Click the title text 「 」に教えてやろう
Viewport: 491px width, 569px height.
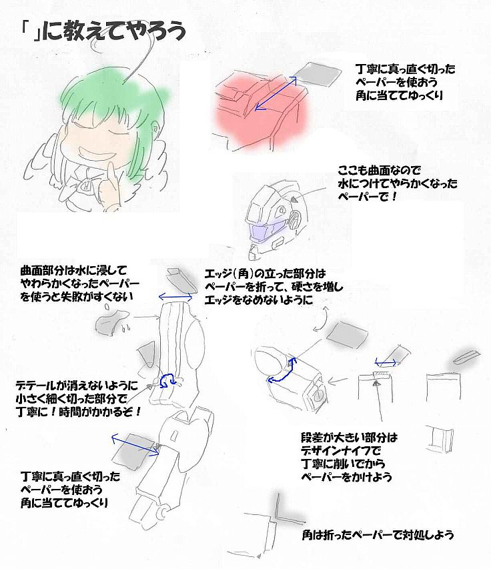103,31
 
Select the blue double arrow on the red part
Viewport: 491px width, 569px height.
276,93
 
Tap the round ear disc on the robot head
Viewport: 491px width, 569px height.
296,217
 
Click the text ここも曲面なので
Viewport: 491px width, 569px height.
379,170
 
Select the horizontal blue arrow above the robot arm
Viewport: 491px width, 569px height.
175,298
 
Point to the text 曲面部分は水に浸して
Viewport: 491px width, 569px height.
73,270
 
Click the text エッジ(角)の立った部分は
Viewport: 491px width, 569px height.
266,273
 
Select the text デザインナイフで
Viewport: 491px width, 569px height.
341,451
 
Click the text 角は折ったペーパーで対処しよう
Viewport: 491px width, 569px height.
378,534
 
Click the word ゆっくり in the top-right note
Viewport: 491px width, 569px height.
426,95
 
